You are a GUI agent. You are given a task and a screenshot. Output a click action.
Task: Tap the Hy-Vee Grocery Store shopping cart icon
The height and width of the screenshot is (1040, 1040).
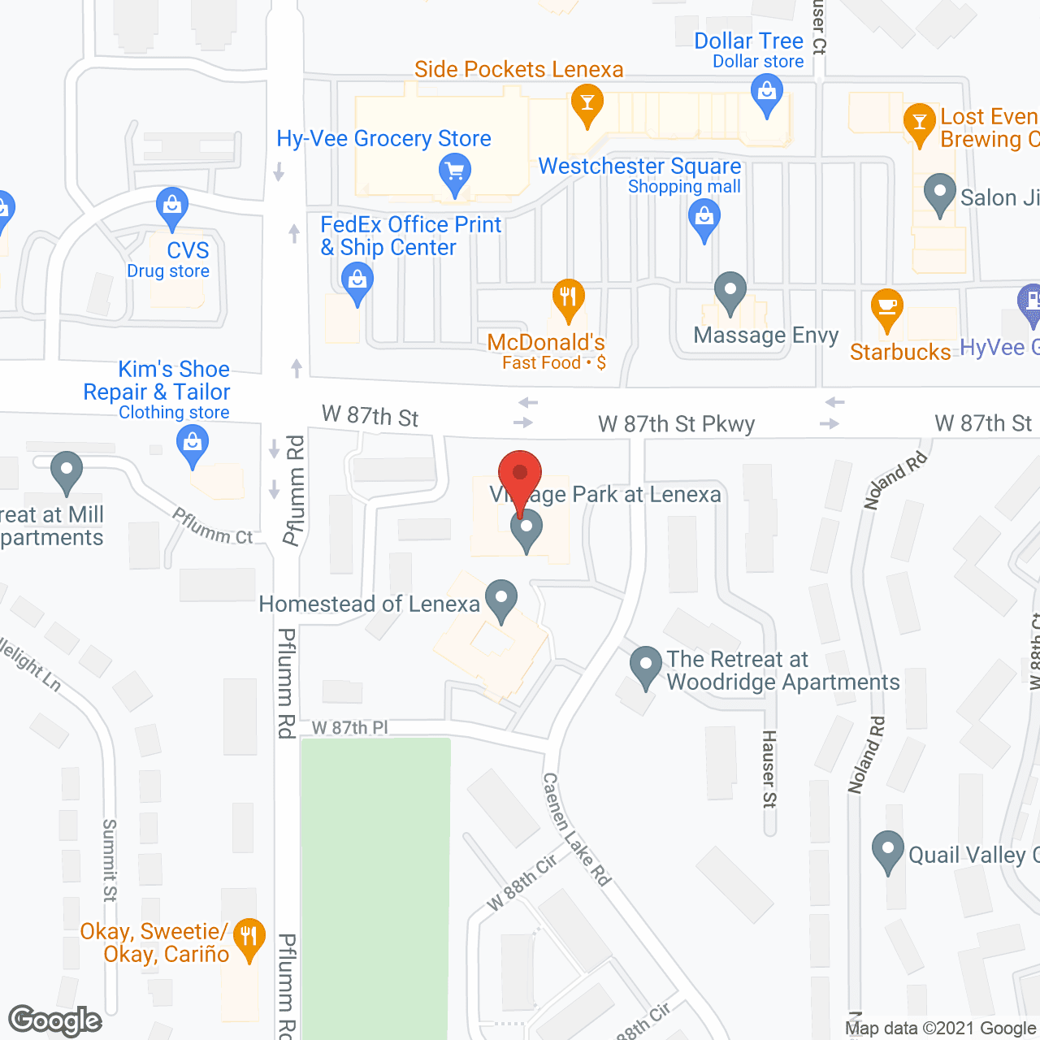coord(455,172)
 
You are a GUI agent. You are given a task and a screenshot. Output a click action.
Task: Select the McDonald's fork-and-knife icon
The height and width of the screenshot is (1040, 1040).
coord(569,298)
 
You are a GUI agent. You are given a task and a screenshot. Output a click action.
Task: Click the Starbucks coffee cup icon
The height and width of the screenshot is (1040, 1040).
coord(886,308)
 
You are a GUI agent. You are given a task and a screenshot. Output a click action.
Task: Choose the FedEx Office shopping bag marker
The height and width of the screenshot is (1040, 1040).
coord(357,283)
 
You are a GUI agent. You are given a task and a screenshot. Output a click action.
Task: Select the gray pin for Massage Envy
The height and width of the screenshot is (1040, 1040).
coord(730,291)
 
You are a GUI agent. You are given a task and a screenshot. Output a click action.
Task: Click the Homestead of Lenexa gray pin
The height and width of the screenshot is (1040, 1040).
coord(501,599)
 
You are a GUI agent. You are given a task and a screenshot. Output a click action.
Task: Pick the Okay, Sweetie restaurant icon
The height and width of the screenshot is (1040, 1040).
coord(249,937)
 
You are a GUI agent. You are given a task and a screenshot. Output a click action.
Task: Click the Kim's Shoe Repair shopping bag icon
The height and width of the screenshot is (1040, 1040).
coord(193,444)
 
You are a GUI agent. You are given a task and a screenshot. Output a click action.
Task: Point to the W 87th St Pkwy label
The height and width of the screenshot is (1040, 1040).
coord(676,424)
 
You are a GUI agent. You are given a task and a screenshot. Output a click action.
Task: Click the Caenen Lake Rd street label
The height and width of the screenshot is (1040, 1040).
coord(576,828)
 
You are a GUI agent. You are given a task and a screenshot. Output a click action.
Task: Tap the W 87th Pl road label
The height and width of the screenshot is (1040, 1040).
coord(350,728)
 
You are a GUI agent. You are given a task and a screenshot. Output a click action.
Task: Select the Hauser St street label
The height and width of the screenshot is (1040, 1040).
coord(769,769)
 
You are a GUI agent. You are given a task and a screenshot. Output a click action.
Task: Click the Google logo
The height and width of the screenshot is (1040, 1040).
coord(55,1020)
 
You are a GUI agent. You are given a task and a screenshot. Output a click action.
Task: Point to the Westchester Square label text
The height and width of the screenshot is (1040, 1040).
coord(639,167)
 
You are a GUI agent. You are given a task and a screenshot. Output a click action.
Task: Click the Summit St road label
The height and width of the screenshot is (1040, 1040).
coord(110,860)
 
